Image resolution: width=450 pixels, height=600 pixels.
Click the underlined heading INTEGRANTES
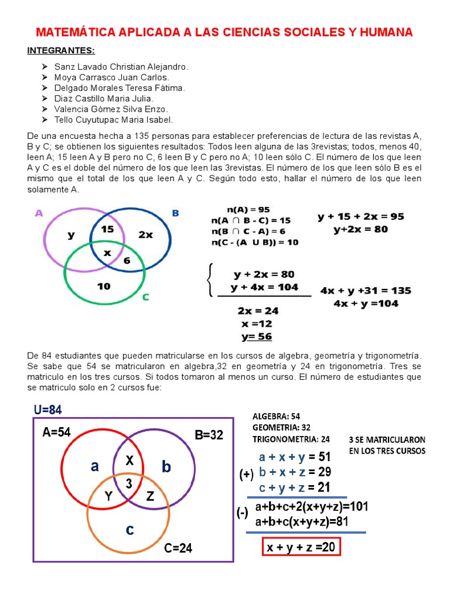(x=60, y=50)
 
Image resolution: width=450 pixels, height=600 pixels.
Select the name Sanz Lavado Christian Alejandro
(x=121, y=67)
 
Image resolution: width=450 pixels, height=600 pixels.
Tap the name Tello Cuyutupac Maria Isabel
(x=114, y=120)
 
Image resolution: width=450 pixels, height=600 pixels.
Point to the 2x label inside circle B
(x=145, y=234)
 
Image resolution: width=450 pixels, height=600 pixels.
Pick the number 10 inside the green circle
(x=104, y=287)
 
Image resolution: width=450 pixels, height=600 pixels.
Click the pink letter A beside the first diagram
(x=39, y=213)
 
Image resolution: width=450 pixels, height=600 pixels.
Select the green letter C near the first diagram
(x=145, y=297)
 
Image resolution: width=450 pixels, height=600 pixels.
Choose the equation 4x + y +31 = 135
(x=366, y=291)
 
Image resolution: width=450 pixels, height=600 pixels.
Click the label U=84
(x=47, y=410)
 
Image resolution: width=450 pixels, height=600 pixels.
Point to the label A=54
(x=57, y=432)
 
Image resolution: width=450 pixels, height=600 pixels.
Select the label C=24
(x=178, y=548)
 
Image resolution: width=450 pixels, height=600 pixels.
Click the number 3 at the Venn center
(x=129, y=482)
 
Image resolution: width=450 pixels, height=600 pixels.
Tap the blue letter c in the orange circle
(x=129, y=529)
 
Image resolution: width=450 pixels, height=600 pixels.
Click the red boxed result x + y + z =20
(x=301, y=547)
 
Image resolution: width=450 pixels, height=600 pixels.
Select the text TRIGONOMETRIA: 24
(x=291, y=438)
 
